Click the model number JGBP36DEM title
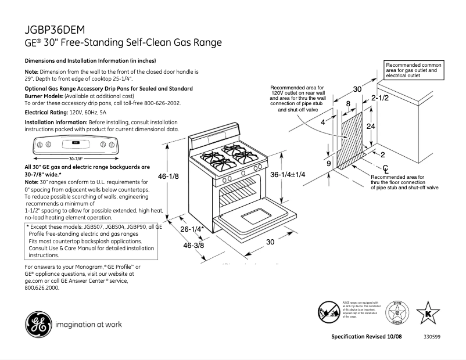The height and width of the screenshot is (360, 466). click(x=58, y=30)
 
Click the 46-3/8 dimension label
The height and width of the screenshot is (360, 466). click(x=193, y=245)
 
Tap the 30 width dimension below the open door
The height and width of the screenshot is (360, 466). click(x=270, y=242)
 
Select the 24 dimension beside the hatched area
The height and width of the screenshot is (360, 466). click(x=370, y=126)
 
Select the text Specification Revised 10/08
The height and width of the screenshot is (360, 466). click(x=366, y=337)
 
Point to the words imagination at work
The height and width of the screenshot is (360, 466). click(x=88, y=324)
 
